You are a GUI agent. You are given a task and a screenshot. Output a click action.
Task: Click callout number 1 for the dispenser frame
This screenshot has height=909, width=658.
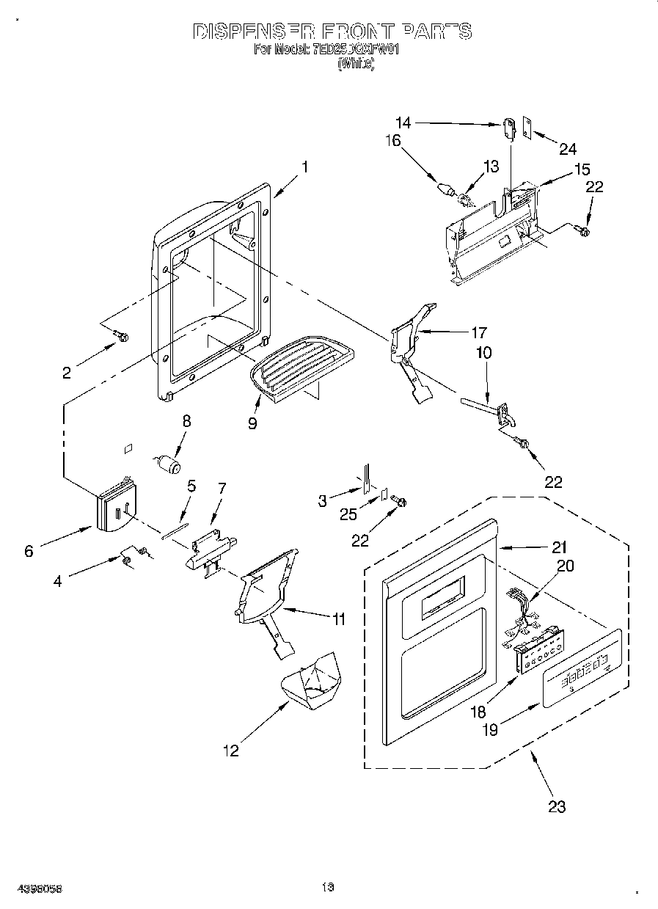304,167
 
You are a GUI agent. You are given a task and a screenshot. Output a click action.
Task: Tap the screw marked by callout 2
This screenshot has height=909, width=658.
122,337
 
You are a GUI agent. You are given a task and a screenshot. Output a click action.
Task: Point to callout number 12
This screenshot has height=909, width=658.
231,751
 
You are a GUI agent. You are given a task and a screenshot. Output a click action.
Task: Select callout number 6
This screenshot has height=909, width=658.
29,550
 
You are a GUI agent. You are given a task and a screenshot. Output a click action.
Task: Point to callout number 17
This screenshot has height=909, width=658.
478,332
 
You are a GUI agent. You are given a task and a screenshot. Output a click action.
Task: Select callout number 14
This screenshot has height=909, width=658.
403,123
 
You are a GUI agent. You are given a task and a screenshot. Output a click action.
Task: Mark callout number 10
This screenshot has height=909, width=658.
483,353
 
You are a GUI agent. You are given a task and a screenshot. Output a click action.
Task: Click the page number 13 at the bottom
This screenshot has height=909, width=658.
327,888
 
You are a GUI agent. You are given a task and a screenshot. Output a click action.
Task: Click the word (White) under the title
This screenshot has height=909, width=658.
356,65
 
